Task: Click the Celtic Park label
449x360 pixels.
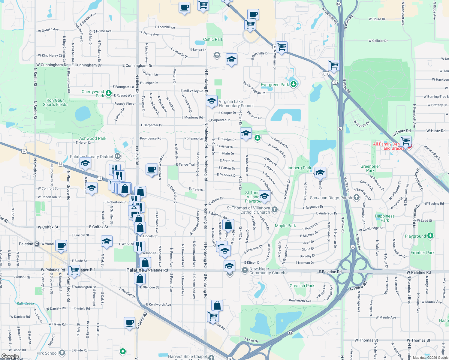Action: (x=213, y=39)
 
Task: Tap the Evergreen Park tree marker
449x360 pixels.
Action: (x=294, y=84)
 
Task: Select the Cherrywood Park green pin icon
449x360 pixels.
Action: (x=109, y=94)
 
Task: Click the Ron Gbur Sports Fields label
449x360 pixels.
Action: (x=55, y=103)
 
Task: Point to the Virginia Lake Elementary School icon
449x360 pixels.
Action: (x=212, y=101)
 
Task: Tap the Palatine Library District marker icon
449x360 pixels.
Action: (x=118, y=156)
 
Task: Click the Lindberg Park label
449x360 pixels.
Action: (x=298, y=168)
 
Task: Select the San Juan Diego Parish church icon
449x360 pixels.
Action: (x=356, y=197)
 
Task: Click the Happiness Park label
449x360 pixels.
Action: (x=385, y=218)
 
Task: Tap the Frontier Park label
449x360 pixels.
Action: (x=423, y=253)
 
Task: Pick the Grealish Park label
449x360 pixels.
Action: (x=302, y=286)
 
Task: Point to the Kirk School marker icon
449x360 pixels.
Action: (x=62, y=353)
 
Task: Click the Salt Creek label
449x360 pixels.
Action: (x=26, y=304)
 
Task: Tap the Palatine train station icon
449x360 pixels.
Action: (x=37, y=244)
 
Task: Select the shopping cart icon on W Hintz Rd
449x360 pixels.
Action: (x=405, y=141)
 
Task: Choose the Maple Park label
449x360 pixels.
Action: (x=285, y=226)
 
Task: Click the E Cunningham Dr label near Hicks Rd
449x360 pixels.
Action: (x=137, y=65)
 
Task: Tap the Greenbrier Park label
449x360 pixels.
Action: (x=370, y=168)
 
